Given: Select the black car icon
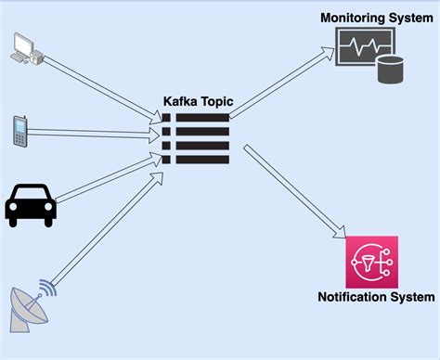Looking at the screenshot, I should coord(31,204).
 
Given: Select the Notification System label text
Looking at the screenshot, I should coord(375,298).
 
